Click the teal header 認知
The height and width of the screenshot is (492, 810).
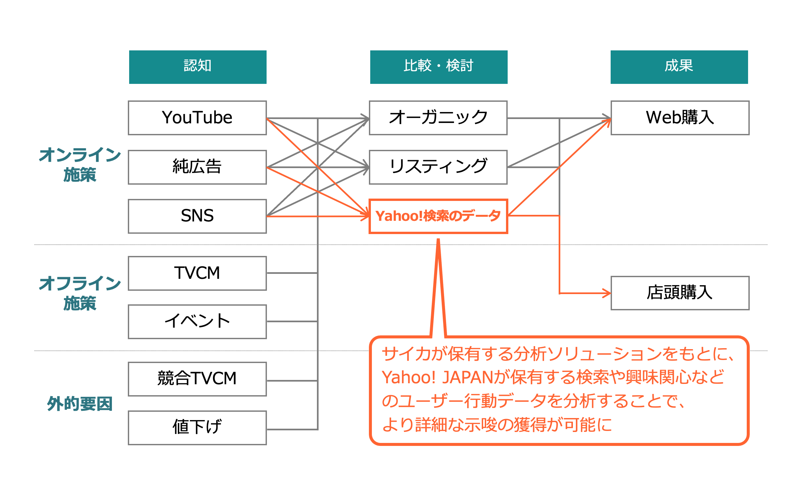(x=198, y=67)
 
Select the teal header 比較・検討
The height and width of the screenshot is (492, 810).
(x=439, y=67)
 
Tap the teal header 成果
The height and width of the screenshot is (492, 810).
(x=679, y=67)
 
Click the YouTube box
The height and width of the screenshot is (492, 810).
(x=197, y=118)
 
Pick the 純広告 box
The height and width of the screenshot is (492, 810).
(x=197, y=167)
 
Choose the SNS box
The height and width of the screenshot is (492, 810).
(x=197, y=216)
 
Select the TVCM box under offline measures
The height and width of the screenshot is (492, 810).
(x=197, y=273)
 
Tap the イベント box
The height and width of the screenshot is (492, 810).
(x=197, y=322)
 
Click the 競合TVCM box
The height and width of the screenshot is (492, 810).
(x=197, y=379)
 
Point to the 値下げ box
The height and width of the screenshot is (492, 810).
(x=197, y=428)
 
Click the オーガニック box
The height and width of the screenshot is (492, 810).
(x=438, y=118)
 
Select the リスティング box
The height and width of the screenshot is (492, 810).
(x=438, y=167)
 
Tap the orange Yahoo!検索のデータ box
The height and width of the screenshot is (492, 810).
(x=438, y=216)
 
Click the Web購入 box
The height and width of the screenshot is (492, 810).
(x=680, y=118)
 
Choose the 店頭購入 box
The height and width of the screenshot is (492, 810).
(x=680, y=293)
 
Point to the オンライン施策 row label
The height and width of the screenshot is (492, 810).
(x=80, y=165)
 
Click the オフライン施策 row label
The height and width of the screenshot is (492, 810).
(x=80, y=293)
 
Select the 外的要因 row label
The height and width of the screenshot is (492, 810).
(x=80, y=403)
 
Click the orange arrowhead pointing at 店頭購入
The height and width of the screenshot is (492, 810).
(x=607, y=293)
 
